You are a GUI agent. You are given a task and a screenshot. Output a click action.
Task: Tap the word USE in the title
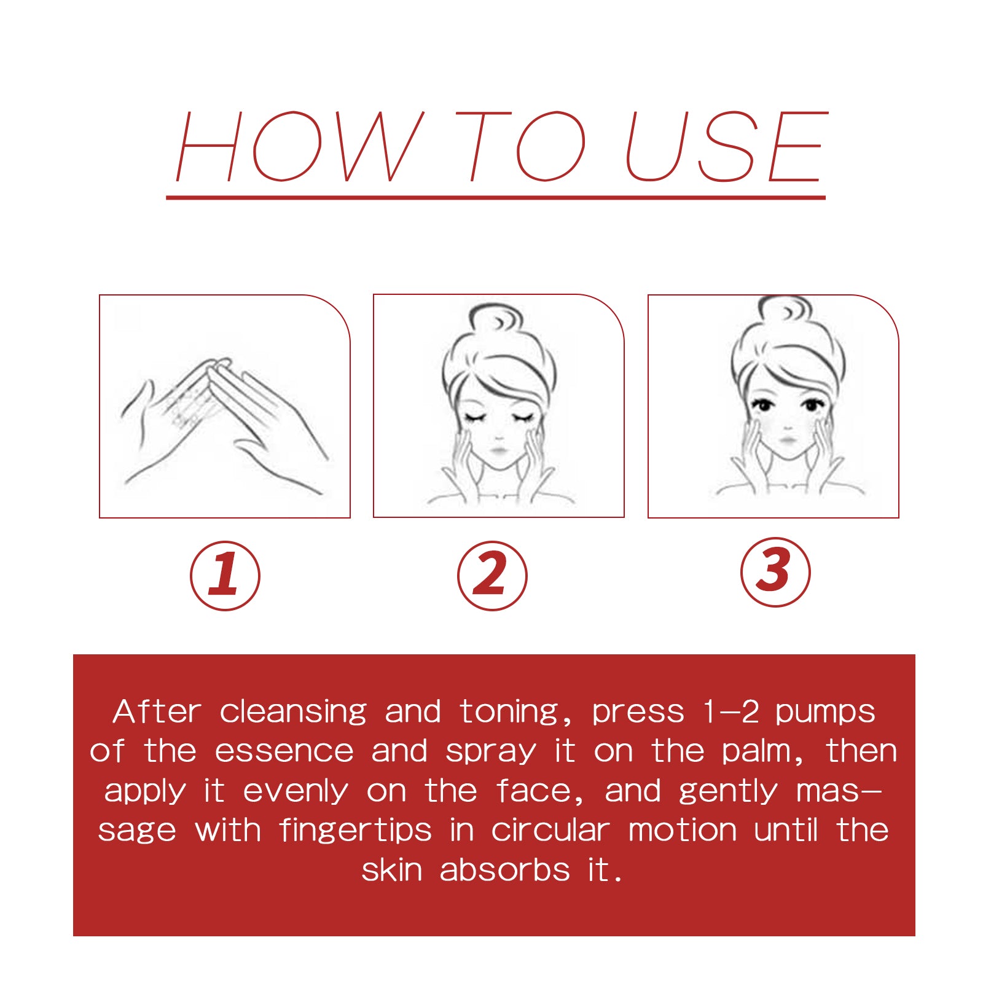click(727, 146)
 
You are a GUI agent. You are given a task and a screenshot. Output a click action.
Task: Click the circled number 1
click(225, 576)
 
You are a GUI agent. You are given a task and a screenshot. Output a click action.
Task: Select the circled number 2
click(492, 576)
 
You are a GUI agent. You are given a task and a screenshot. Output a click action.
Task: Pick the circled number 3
click(775, 572)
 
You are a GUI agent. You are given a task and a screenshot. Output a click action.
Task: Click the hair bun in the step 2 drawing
click(496, 318)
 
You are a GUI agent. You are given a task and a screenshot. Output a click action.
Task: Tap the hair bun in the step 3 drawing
click(785, 308)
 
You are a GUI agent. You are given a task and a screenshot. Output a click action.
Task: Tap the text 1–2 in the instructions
click(732, 712)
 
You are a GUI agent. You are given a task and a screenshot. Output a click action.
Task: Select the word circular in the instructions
click(550, 831)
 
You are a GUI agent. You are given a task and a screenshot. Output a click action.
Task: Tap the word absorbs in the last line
click(504, 870)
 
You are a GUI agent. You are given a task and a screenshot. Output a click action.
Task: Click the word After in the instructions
click(157, 712)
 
